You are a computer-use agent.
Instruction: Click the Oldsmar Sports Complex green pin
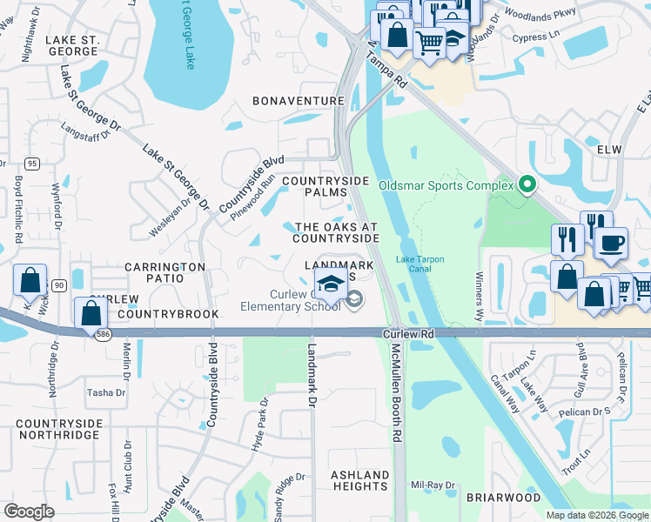coord(527,184)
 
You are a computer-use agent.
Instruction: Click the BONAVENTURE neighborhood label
coord(299,102)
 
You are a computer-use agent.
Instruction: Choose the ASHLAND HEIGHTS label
coord(360,480)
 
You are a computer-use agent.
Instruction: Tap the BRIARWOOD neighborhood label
coord(504,498)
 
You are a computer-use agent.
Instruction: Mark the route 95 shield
coord(32,163)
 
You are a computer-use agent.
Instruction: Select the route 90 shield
coord(58,284)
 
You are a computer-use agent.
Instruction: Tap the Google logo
coord(29,512)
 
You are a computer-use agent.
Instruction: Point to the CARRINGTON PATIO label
coord(164,272)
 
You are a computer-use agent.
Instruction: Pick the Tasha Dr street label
coord(106,393)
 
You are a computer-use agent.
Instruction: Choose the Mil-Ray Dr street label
coord(433,485)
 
